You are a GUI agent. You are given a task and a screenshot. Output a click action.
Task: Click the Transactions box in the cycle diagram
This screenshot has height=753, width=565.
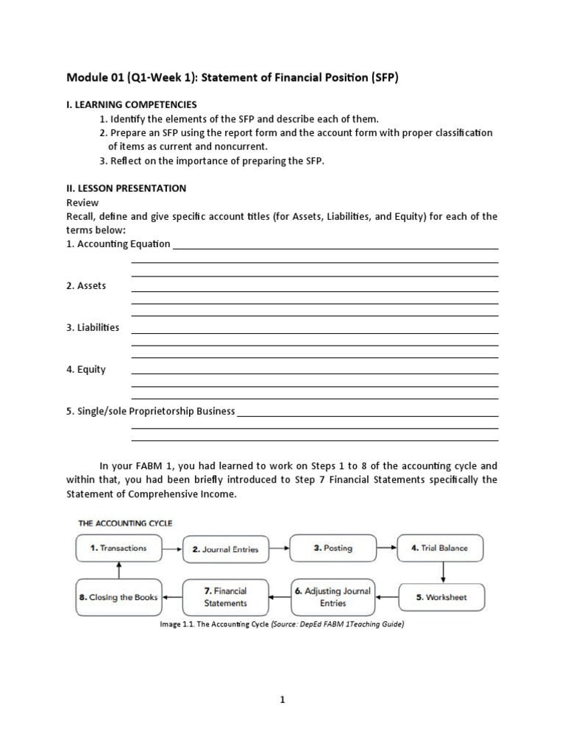pos(118,548)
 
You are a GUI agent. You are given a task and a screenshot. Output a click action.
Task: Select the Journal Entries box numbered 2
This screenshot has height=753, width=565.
pos(225,549)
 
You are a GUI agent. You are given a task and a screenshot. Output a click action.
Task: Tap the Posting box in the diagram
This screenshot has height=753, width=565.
pos(333,548)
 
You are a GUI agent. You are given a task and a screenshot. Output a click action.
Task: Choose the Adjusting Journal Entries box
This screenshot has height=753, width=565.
pos(333,596)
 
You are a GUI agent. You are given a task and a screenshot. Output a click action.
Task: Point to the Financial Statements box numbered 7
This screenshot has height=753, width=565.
pos(225,596)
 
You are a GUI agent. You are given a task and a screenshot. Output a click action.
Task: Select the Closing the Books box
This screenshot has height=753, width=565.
pos(118,597)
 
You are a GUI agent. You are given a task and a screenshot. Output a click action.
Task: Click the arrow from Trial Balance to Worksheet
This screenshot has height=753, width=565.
pos(443,571)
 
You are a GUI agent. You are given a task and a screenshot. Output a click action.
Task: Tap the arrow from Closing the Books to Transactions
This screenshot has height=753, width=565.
pos(118,570)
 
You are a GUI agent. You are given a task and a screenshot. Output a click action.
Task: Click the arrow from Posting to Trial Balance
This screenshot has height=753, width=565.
pos(386,548)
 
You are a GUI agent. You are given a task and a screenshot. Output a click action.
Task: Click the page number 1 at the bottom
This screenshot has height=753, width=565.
pos(282,701)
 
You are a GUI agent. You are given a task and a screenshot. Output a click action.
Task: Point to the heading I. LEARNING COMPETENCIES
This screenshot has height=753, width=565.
pos(132,104)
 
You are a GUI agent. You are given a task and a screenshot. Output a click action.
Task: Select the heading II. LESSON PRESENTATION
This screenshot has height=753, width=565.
pos(126,188)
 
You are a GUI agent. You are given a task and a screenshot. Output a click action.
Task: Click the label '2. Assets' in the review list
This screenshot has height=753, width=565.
pos(87,285)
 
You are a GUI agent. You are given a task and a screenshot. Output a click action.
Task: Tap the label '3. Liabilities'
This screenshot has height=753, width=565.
pos(93,327)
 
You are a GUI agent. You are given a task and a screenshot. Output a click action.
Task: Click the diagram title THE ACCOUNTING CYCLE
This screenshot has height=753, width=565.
pos(125,523)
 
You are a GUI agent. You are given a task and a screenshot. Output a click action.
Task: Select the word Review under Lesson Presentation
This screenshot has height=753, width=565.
pos(82,202)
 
